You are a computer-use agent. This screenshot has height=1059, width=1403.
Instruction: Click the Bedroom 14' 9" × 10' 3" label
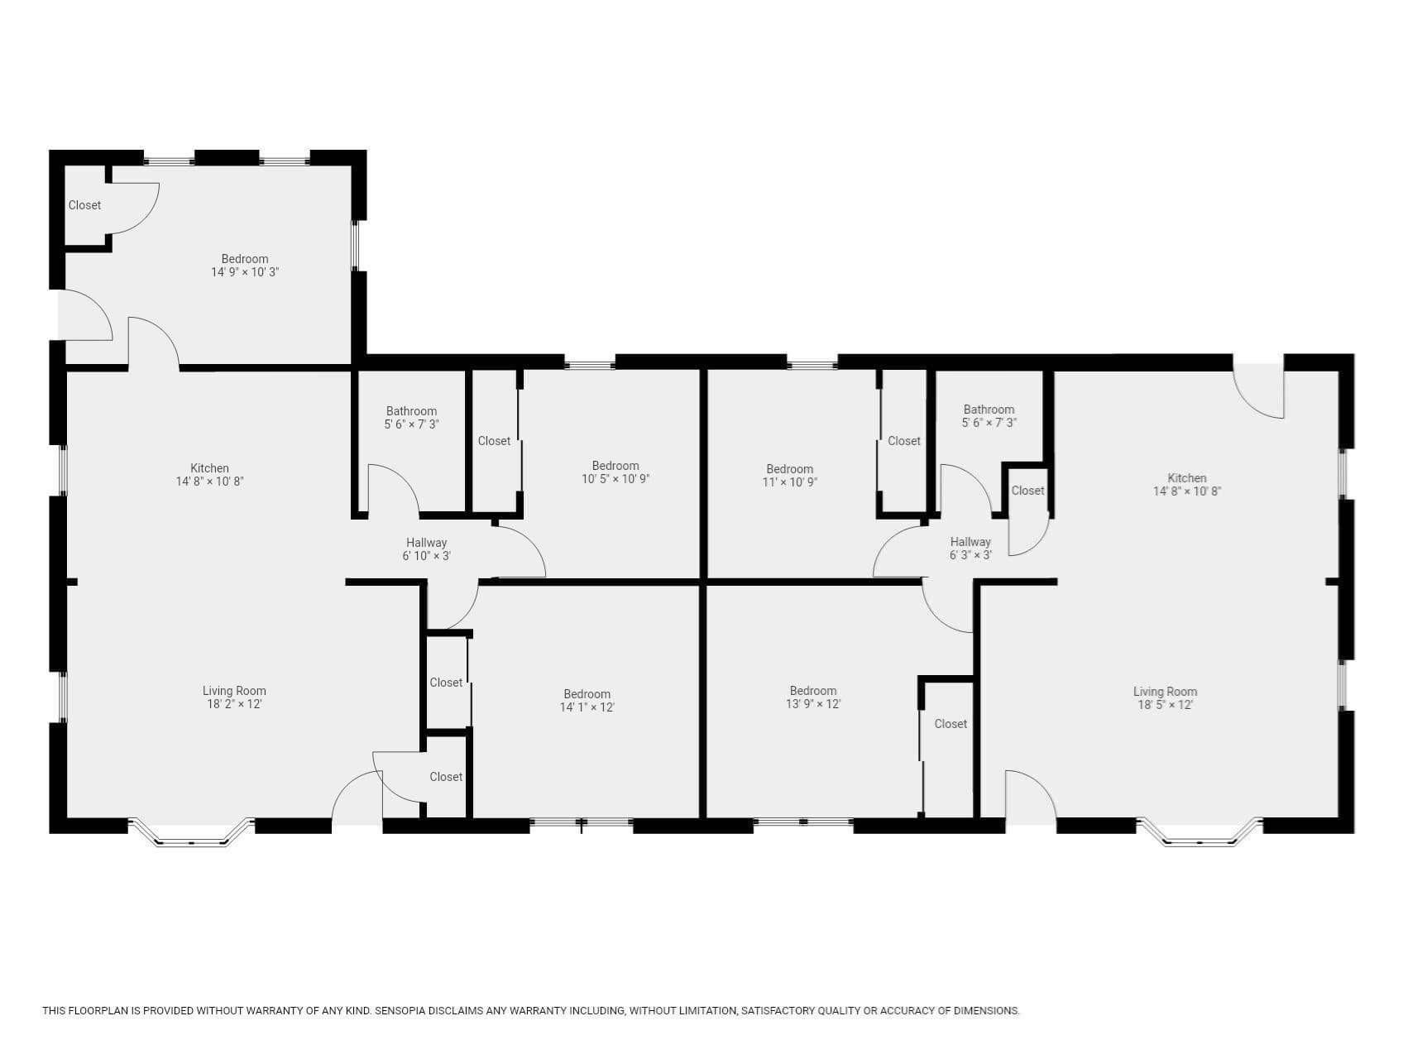click(x=245, y=265)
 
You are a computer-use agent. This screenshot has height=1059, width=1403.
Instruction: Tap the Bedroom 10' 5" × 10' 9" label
click(x=615, y=472)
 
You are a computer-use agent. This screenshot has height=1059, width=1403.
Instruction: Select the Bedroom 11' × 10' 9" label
click(x=790, y=475)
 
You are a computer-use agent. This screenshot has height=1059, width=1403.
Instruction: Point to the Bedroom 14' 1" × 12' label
click(x=587, y=701)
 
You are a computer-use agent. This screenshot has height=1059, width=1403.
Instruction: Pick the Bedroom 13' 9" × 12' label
click(x=813, y=697)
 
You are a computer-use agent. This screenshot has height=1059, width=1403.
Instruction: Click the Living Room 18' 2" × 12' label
click(x=234, y=697)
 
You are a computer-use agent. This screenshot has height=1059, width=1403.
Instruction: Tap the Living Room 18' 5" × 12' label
click(x=1165, y=698)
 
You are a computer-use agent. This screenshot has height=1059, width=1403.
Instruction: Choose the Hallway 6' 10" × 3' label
click(x=427, y=549)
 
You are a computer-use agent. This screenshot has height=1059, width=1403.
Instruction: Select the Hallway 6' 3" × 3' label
click(x=970, y=548)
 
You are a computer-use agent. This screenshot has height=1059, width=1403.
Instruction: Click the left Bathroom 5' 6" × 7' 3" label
click(x=411, y=417)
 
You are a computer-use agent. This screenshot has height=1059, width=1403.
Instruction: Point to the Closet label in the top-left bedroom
click(x=84, y=205)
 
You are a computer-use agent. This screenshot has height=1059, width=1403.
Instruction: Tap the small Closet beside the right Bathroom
click(x=1027, y=491)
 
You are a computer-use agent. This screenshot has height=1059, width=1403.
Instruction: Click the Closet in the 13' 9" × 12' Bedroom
click(x=950, y=724)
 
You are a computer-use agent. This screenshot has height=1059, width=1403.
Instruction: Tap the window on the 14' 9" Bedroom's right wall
click(x=356, y=246)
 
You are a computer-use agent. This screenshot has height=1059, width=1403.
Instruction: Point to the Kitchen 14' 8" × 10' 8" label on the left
click(x=209, y=474)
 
